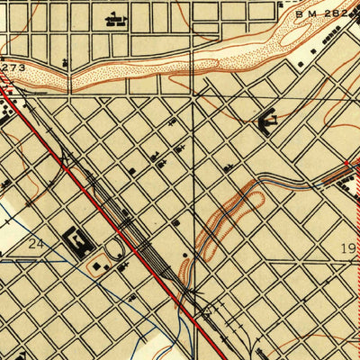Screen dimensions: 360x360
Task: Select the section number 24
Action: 36,244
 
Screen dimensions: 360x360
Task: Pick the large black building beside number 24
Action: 78,241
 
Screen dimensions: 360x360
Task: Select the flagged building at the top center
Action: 114,18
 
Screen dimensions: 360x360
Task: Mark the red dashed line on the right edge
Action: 356,270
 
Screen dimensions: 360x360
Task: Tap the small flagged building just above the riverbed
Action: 67,63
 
